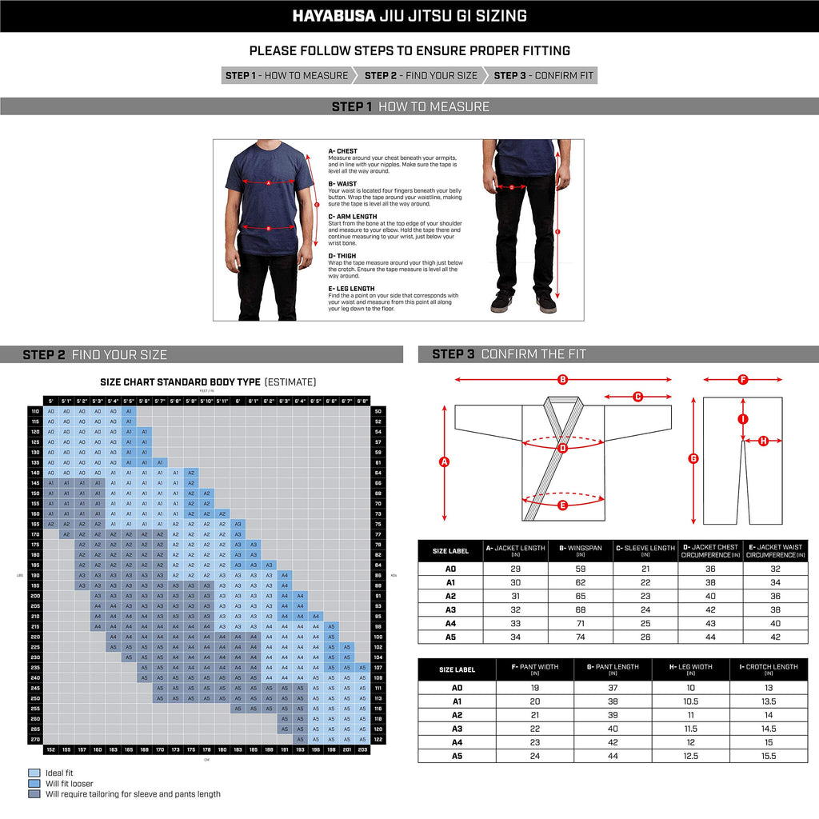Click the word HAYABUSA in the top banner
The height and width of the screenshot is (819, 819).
[330, 16]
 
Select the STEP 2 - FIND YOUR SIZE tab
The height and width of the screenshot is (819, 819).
[421, 76]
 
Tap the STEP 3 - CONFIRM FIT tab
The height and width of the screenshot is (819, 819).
[544, 76]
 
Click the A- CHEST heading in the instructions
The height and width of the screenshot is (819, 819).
[343, 151]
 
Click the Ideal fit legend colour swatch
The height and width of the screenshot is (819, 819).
[34, 773]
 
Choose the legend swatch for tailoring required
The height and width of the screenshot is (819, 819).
[34, 794]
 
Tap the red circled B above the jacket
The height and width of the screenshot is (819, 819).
[562, 379]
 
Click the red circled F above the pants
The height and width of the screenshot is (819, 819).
[742, 379]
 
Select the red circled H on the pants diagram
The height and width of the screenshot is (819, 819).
[763, 440]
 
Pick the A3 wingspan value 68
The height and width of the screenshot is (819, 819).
[581, 609]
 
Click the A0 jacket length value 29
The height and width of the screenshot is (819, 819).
[516, 569]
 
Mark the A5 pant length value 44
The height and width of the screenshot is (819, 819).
[613, 756]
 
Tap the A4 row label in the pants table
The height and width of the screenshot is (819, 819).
[457, 742]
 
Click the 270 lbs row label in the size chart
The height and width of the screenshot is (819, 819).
[35, 740]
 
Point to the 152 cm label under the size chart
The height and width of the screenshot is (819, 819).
[51, 749]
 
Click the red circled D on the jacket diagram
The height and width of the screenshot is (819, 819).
[562, 448]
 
